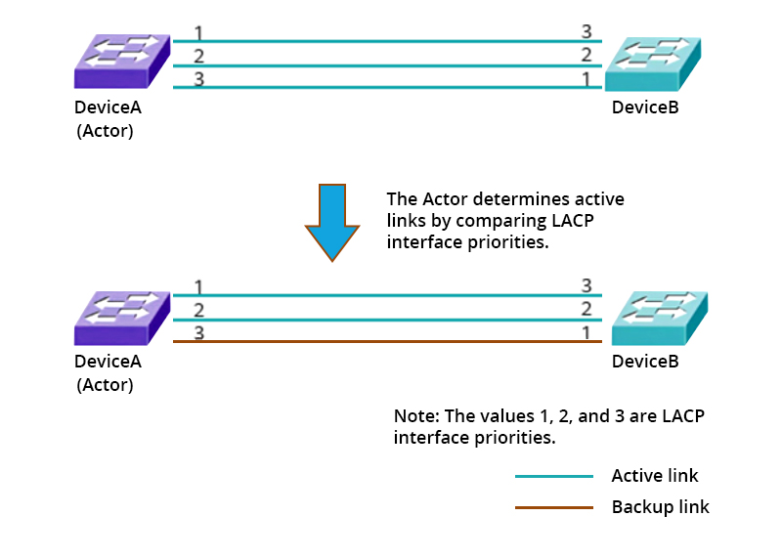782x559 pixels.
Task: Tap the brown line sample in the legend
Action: tap(553, 507)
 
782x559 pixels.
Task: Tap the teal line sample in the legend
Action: tap(553, 477)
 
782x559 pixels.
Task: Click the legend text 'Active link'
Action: tap(655, 477)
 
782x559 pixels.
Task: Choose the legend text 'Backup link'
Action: tap(660, 507)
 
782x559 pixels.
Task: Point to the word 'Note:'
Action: tap(415, 416)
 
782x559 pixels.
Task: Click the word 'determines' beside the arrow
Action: tap(508, 199)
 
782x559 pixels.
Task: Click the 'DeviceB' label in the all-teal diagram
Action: tap(645, 107)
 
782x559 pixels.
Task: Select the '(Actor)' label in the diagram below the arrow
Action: tap(106, 384)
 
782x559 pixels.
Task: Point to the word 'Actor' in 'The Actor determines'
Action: tap(442, 199)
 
